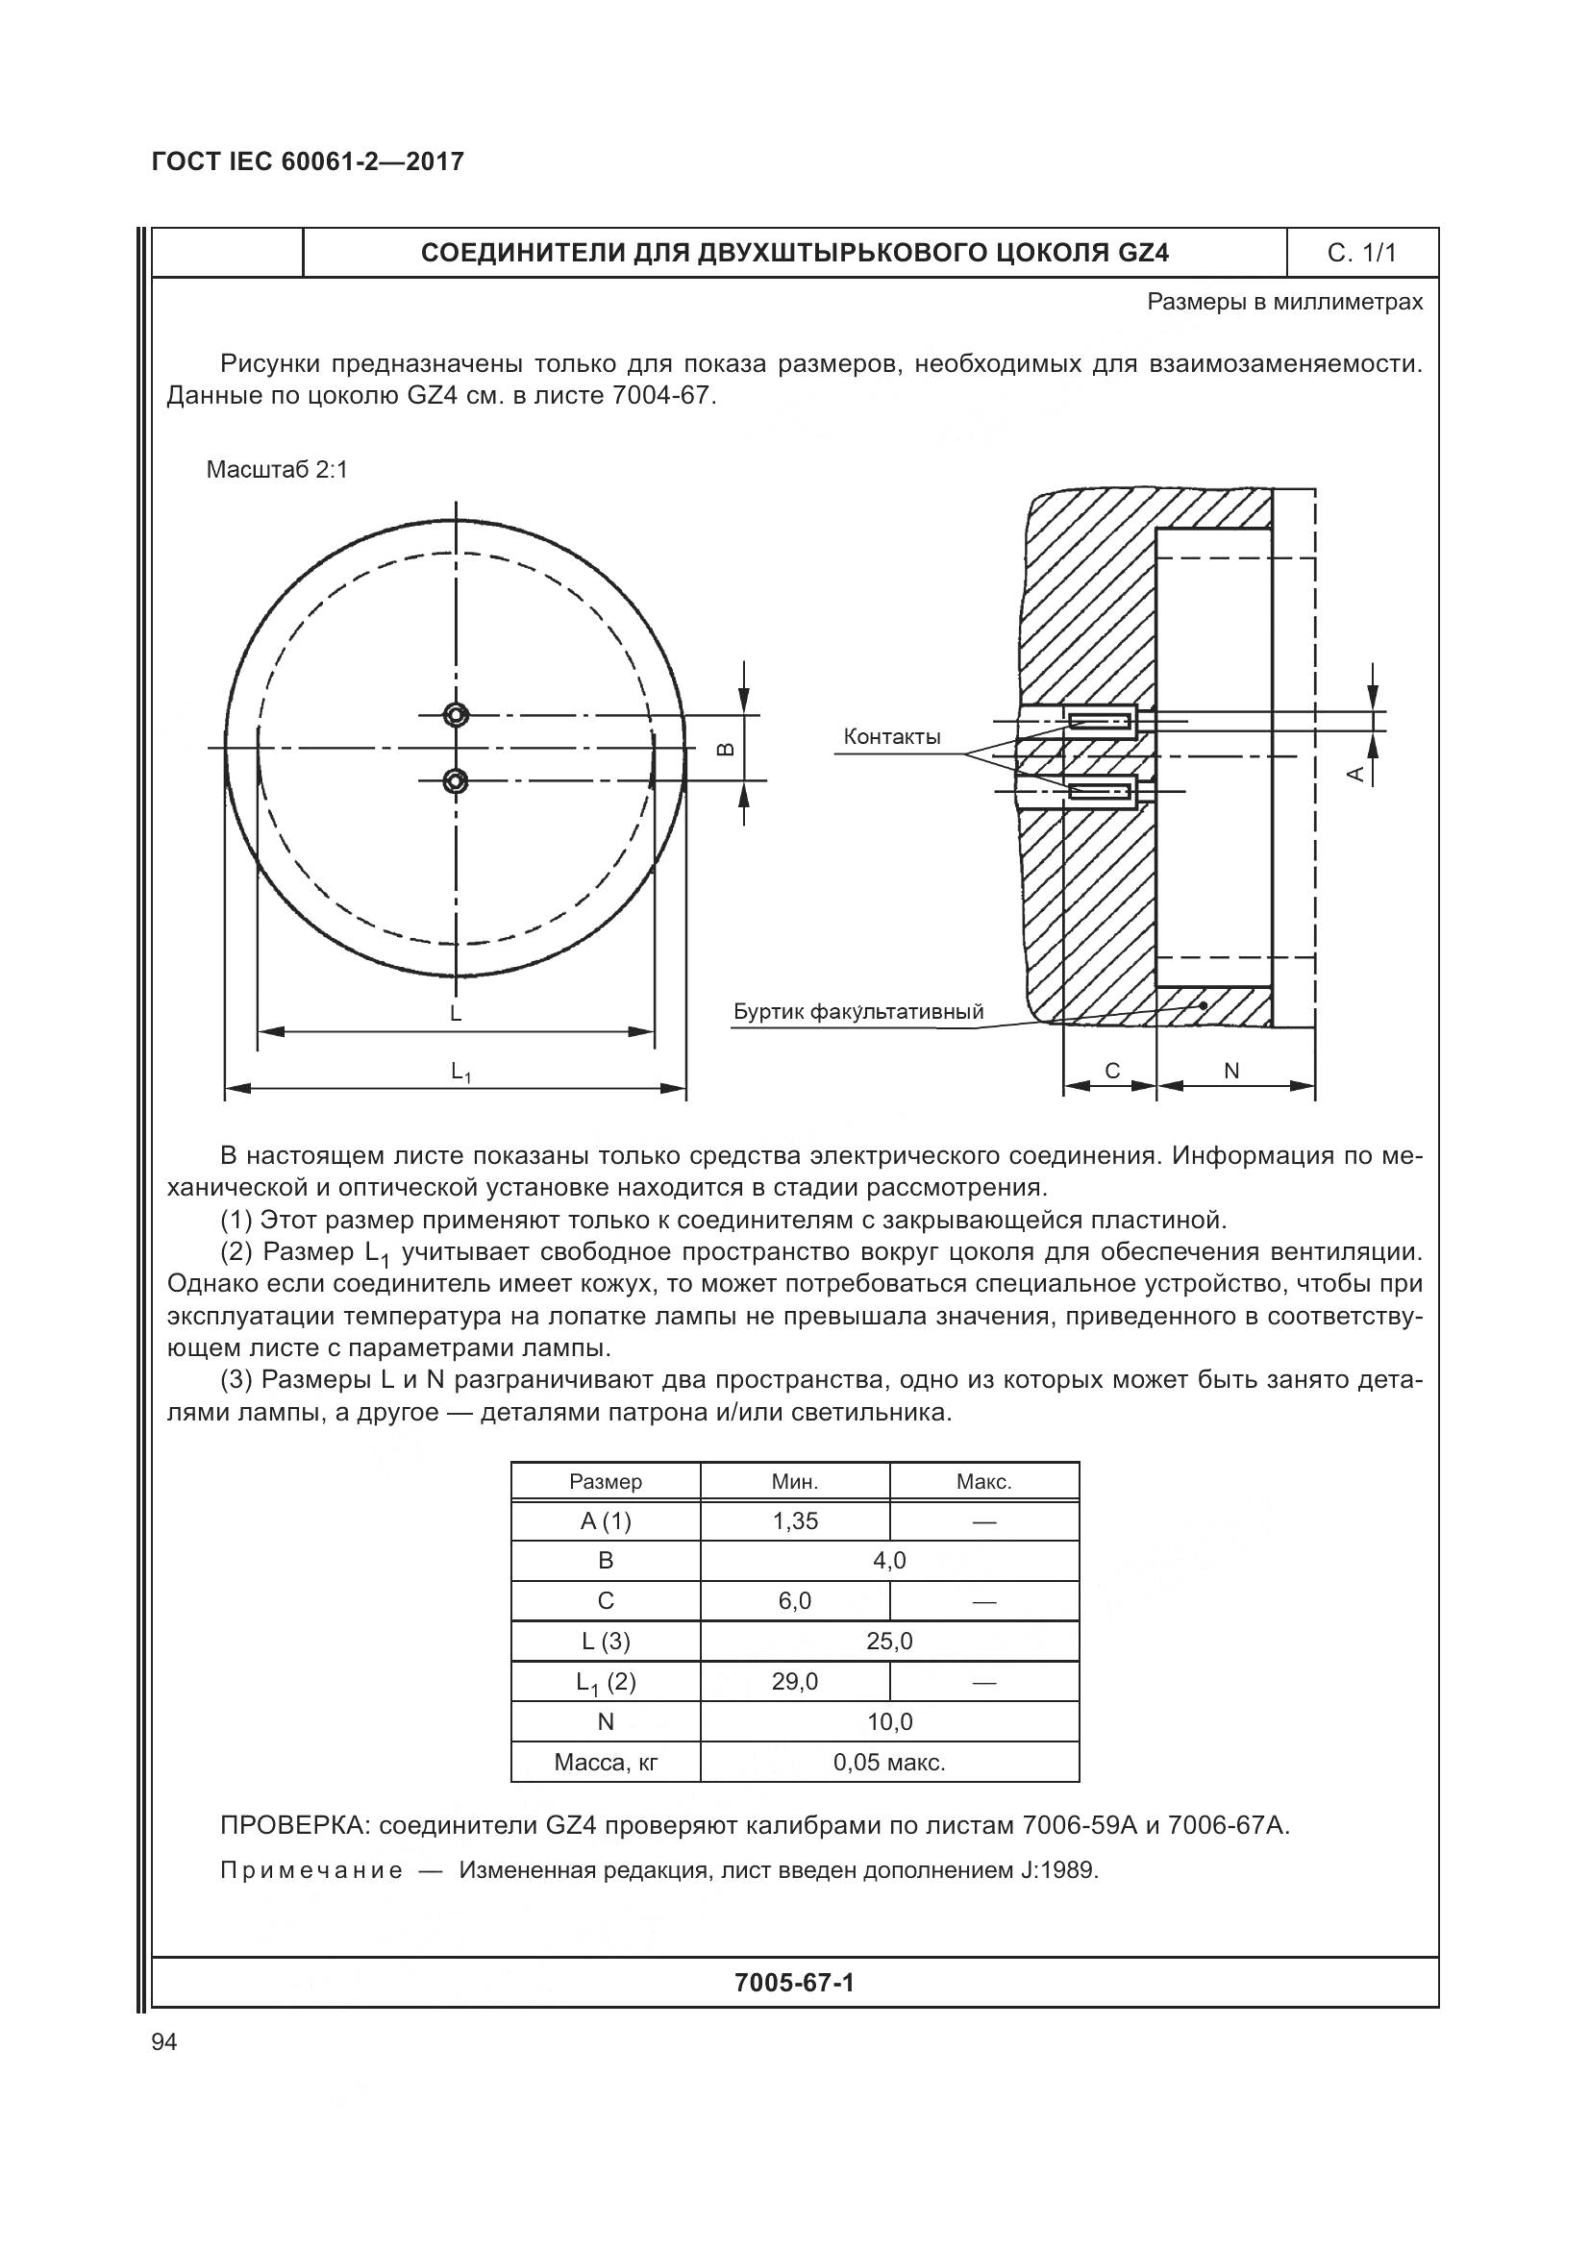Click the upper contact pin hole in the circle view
tap(456, 715)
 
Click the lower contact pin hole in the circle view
tap(456, 780)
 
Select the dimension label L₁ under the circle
tap(461, 1073)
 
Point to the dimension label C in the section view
tap(1112, 1071)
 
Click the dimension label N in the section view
tap(1231, 1071)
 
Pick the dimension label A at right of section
tap(1356, 774)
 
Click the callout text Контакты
tap(892, 737)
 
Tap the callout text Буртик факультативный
tap(858, 1011)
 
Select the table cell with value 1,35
tap(795, 1520)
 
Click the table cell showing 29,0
tap(795, 1681)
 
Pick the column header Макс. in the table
tap(984, 1481)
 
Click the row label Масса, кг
tap(606, 1763)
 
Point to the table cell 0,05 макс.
tap(889, 1763)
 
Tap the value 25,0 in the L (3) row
tap(889, 1641)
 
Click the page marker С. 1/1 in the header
tap(1362, 254)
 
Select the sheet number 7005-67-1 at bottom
tap(794, 1983)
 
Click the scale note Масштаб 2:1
tap(277, 470)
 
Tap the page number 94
tap(164, 2042)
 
